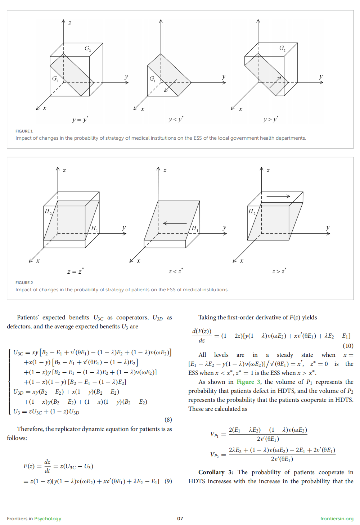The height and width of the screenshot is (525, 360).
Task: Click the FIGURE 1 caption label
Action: click(24, 131)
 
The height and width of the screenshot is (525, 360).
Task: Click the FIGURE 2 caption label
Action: click(24, 283)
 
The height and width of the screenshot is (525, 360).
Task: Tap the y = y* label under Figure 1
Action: click(80, 120)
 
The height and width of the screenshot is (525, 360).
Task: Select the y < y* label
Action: click(176, 119)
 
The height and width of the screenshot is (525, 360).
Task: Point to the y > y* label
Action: click(271, 119)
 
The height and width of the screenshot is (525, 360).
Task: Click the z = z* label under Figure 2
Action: click(76, 271)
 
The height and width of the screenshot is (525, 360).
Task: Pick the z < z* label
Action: click(176, 271)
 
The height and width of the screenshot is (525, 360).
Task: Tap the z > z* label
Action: click(279, 271)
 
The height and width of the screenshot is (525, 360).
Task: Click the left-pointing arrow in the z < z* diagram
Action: click(175, 223)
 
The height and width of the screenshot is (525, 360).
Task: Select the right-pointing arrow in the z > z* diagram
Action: click(278, 196)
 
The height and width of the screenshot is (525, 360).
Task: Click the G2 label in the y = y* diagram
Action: click(88, 48)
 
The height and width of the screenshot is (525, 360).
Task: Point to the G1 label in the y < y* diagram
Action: click(152, 78)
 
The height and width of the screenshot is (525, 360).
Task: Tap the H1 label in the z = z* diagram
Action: click(94, 228)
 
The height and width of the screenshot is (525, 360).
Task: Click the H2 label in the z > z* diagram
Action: click(252, 211)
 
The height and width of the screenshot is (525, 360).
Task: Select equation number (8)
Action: click(168, 419)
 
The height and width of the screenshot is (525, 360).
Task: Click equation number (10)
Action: click(348, 346)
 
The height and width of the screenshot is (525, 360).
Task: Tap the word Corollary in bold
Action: click(211, 472)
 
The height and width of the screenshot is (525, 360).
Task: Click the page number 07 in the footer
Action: click(180, 519)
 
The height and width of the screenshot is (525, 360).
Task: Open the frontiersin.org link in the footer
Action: click(337, 519)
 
